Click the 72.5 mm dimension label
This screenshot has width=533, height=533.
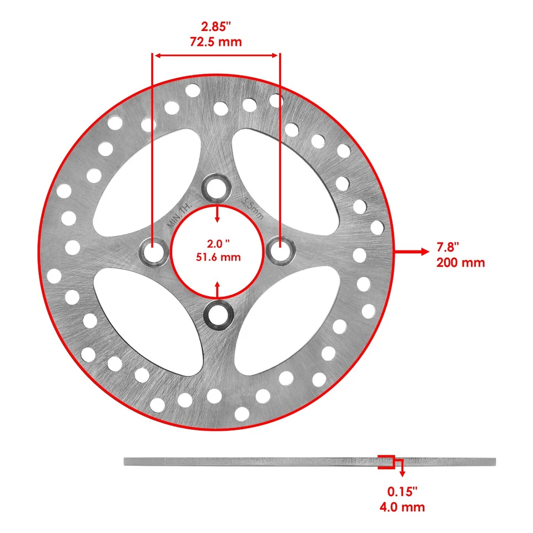[x=217, y=42]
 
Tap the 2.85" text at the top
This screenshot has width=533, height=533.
[x=217, y=26]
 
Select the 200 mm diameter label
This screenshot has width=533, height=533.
[x=460, y=263]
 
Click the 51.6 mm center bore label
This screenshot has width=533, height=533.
[x=217, y=257]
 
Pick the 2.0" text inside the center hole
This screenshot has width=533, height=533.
[x=217, y=243]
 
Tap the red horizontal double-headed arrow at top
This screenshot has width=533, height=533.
[x=217, y=55]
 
